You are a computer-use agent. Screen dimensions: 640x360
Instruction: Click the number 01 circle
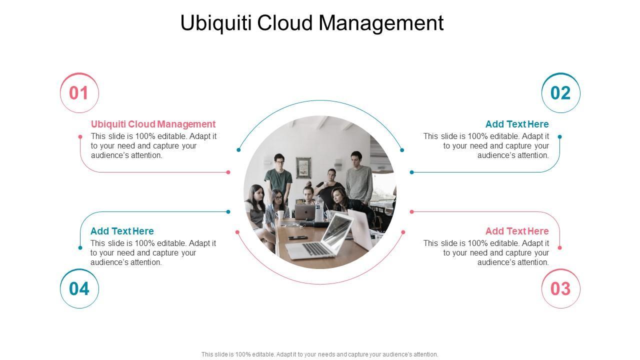(x=79, y=93)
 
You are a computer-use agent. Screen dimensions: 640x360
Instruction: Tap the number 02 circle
(x=560, y=93)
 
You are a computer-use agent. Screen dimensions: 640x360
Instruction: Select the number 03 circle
(x=560, y=288)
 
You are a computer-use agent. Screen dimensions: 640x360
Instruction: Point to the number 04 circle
(x=79, y=288)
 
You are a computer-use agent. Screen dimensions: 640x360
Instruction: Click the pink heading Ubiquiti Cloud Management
(x=153, y=124)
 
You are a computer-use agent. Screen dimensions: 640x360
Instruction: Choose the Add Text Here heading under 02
(x=516, y=124)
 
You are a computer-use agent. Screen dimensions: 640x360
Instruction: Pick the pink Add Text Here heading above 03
(x=516, y=231)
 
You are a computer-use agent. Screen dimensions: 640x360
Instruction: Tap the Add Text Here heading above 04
(x=122, y=231)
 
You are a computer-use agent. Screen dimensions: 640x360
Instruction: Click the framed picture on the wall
(x=303, y=168)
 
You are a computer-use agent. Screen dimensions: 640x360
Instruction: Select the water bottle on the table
(x=319, y=208)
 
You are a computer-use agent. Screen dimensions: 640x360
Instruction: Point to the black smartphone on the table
(x=297, y=237)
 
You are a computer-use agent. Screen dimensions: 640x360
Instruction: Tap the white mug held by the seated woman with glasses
(x=281, y=214)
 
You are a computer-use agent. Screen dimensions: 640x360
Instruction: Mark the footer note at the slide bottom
(x=319, y=354)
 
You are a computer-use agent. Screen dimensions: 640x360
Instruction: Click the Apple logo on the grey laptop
(x=303, y=212)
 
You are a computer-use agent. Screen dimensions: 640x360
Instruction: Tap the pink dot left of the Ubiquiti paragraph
(x=80, y=136)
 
